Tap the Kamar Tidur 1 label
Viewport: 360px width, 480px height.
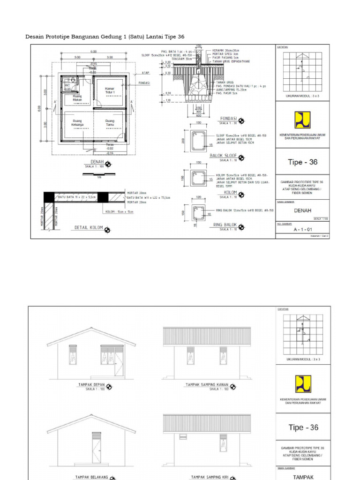pyautogui.click(x=110, y=90)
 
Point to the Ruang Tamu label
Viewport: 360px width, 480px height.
pyautogui.click(x=110, y=123)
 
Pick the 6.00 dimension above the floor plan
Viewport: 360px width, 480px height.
pyautogui.click(x=93, y=51)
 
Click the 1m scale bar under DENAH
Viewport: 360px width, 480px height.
pyautogui.click(x=98, y=174)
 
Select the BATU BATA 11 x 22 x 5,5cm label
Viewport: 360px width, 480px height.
pyautogui.click(x=76, y=197)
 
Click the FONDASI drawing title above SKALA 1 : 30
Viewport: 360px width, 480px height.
pyautogui.click(x=229, y=119)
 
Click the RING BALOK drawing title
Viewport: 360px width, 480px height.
pyautogui.click(x=225, y=225)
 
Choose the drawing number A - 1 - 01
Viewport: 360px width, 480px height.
pyautogui.click(x=302, y=230)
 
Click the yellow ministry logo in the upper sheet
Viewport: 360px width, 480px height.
pyautogui.click(x=302, y=120)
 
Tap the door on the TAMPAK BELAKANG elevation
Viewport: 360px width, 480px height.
pyautogui.click(x=97, y=448)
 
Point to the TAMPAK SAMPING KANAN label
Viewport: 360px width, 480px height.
pyautogui.click(x=207, y=385)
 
